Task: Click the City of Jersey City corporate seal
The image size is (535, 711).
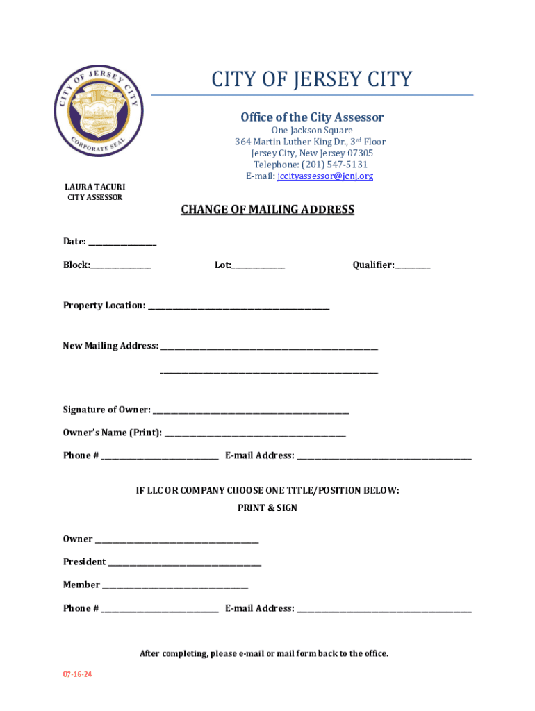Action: click(x=99, y=111)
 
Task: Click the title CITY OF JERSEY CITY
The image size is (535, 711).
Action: click(x=312, y=79)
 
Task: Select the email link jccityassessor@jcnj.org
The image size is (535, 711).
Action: click(x=325, y=176)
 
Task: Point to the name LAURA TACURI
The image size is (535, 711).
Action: click(x=95, y=187)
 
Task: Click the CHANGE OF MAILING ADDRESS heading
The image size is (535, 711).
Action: click(x=267, y=210)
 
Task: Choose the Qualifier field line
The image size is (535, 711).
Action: click(x=413, y=267)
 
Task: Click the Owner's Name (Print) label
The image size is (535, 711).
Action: click(x=113, y=433)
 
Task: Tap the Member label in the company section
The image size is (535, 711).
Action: click(x=81, y=585)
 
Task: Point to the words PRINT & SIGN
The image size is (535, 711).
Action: click(x=267, y=508)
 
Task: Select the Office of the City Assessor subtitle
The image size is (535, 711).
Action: click(x=312, y=117)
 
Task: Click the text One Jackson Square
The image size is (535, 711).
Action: click(x=312, y=131)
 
